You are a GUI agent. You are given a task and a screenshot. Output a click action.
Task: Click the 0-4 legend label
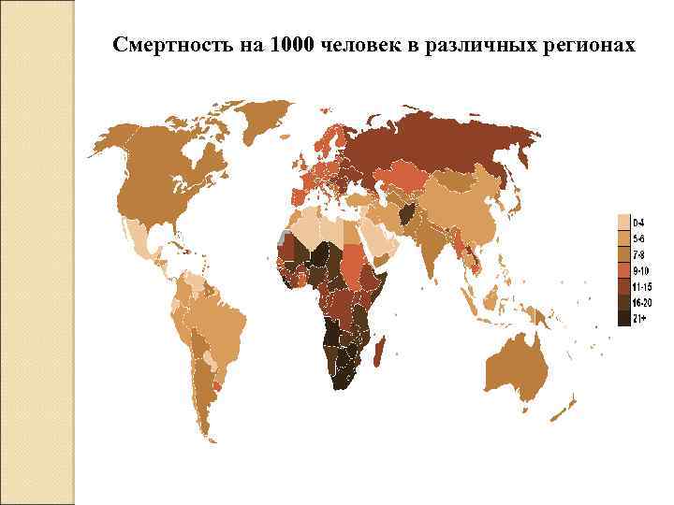click(x=638, y=223)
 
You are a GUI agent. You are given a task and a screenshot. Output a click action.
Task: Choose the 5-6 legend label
click(x=638, y=238)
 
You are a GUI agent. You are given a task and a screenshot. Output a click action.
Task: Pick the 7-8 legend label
click(x=638, y=254)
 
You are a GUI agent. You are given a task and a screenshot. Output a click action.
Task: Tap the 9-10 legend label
click(x=640, y=270)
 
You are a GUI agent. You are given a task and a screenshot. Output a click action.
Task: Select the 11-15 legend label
click(x=641, y=287)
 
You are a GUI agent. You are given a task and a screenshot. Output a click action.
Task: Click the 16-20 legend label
click(x=641, y=303)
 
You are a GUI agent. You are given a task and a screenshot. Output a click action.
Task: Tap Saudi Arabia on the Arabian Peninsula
click(x=374, y=238)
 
